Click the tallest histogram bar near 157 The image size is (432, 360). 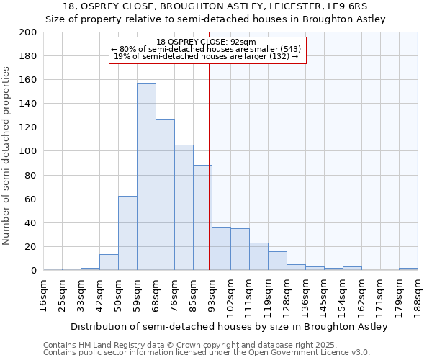(146, 176)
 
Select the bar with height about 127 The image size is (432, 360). (165, 194)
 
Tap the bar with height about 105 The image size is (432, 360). (184, 207)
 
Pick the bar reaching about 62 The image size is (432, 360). (127, 233)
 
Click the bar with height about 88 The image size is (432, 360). (202, 217)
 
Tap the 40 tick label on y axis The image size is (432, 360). (31, 222)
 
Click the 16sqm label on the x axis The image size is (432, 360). (44, 294)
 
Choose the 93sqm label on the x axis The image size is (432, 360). (212, 294)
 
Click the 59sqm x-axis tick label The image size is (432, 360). (138, 294)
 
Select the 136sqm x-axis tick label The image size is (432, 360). (305, 296)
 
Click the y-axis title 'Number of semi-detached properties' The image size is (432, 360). (6, 156)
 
